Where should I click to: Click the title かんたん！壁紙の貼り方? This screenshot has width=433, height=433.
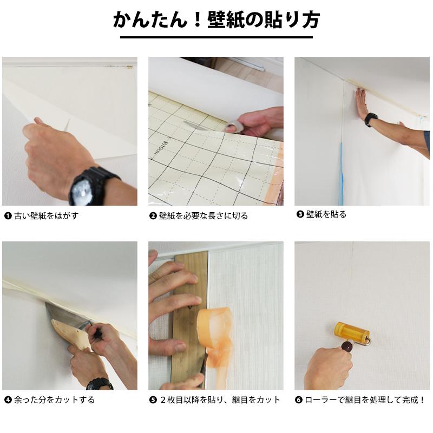tap(216, 20)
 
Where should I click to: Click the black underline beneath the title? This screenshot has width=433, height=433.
tap(216, 37)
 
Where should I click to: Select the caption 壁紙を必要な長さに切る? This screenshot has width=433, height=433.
tap(203, 215)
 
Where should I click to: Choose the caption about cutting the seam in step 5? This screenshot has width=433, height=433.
tap(219, 400)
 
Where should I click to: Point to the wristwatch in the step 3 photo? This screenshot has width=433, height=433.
tap(371, 119)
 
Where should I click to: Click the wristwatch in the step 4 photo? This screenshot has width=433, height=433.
tap(100, 384)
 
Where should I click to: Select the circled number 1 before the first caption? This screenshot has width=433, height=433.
tap(8, 215)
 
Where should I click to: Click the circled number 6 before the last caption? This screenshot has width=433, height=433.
tap(299, 400)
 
